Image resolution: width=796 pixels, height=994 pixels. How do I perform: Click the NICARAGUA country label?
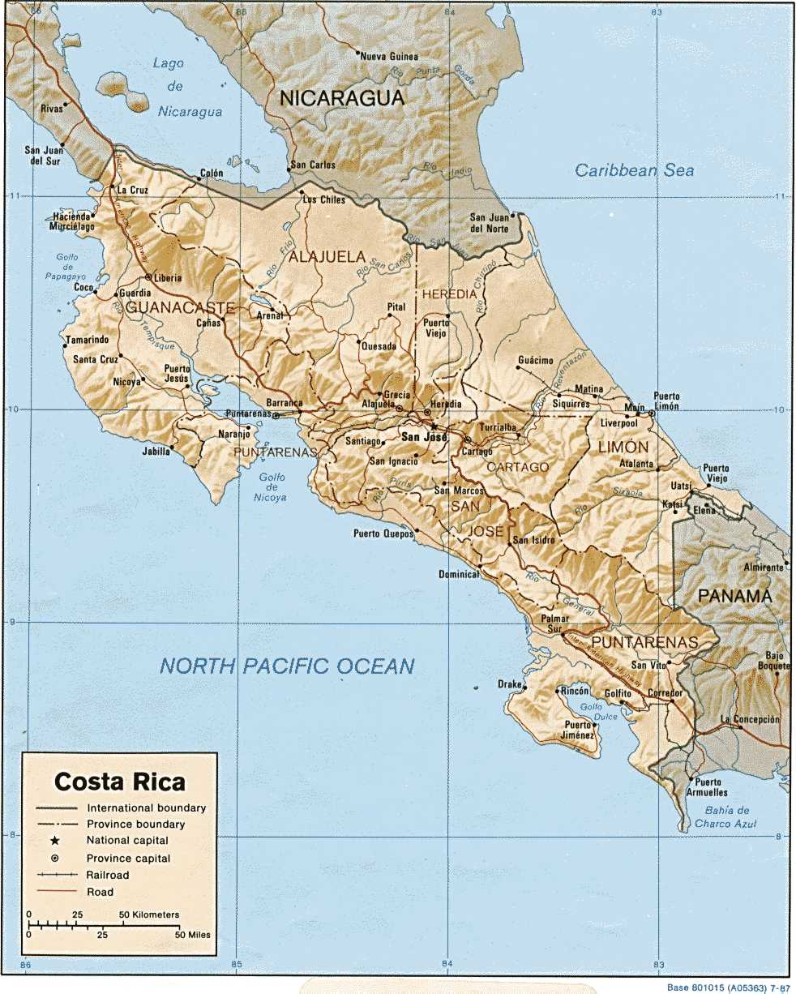(x=341, y=99)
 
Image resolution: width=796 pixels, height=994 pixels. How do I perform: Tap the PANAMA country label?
(x=734, y=596)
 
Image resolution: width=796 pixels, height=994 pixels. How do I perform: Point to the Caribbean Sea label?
(x=635, y=170)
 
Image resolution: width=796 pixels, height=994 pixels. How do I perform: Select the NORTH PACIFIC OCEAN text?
(x=287, y=666)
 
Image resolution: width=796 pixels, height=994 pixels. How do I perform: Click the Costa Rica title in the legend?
(x=120, y=782)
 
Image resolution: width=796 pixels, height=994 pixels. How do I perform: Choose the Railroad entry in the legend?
(x=107, y=875)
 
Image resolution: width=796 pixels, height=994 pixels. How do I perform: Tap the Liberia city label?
(x=168, y=278)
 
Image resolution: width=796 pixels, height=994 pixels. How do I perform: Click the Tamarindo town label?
(x=87, y=340)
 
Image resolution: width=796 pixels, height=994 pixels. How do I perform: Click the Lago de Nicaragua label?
(x=190, y=88)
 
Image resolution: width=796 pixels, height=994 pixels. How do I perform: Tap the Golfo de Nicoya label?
(x=272, y=487)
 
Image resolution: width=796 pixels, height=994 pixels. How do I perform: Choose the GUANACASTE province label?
(x=180, y=308)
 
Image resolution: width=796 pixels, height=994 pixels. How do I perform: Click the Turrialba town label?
(x=499, y=427)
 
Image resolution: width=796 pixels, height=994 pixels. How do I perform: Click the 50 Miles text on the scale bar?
(x=191, y=935)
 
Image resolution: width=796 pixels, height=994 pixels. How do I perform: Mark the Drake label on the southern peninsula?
(x=510, y=684)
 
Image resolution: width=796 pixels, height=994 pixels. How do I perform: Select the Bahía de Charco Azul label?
(x=726, y=816)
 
